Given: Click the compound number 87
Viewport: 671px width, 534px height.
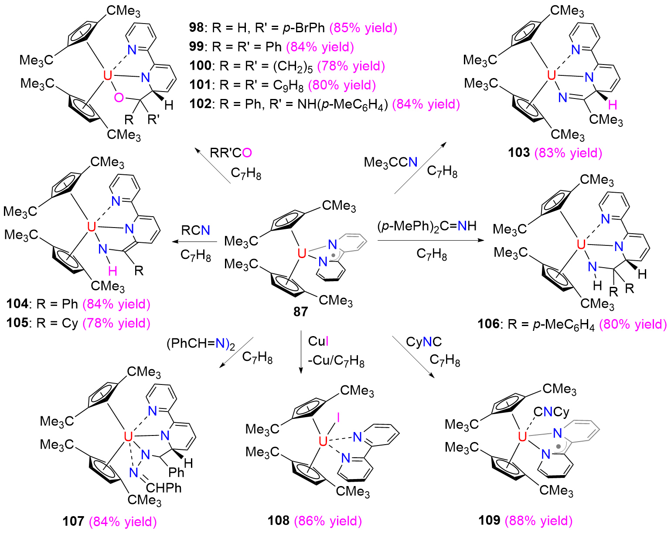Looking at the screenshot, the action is (300, 311).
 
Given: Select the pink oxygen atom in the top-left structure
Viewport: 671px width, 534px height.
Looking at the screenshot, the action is (119, 98).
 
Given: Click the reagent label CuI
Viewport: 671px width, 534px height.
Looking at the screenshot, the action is (318, 341).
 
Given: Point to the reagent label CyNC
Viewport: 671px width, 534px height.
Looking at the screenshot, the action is (424, 342).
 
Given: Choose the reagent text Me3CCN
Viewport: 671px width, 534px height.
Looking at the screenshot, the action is (391, 163).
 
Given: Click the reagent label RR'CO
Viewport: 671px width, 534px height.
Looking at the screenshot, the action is (231, 153).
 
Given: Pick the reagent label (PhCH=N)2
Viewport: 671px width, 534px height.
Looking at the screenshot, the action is (201, 344).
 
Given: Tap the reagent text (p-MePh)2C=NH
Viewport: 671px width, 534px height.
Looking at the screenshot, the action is (427, 226).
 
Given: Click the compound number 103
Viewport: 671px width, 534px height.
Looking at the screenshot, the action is (519, 153).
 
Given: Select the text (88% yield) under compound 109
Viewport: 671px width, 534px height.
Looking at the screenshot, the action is (539, 521).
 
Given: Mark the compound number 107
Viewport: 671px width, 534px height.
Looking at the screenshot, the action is (73, 521).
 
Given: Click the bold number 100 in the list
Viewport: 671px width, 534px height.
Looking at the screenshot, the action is (200, 66).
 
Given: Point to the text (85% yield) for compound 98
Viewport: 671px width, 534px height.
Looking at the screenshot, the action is (364, 28).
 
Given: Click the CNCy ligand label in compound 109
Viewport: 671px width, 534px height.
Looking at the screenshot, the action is (551, 412).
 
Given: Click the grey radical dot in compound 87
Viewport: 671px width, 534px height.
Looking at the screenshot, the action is (334, 255).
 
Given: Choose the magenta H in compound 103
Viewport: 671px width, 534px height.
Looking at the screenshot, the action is (613, 105).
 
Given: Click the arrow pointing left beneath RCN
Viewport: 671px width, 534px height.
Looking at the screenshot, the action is (194, 241).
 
